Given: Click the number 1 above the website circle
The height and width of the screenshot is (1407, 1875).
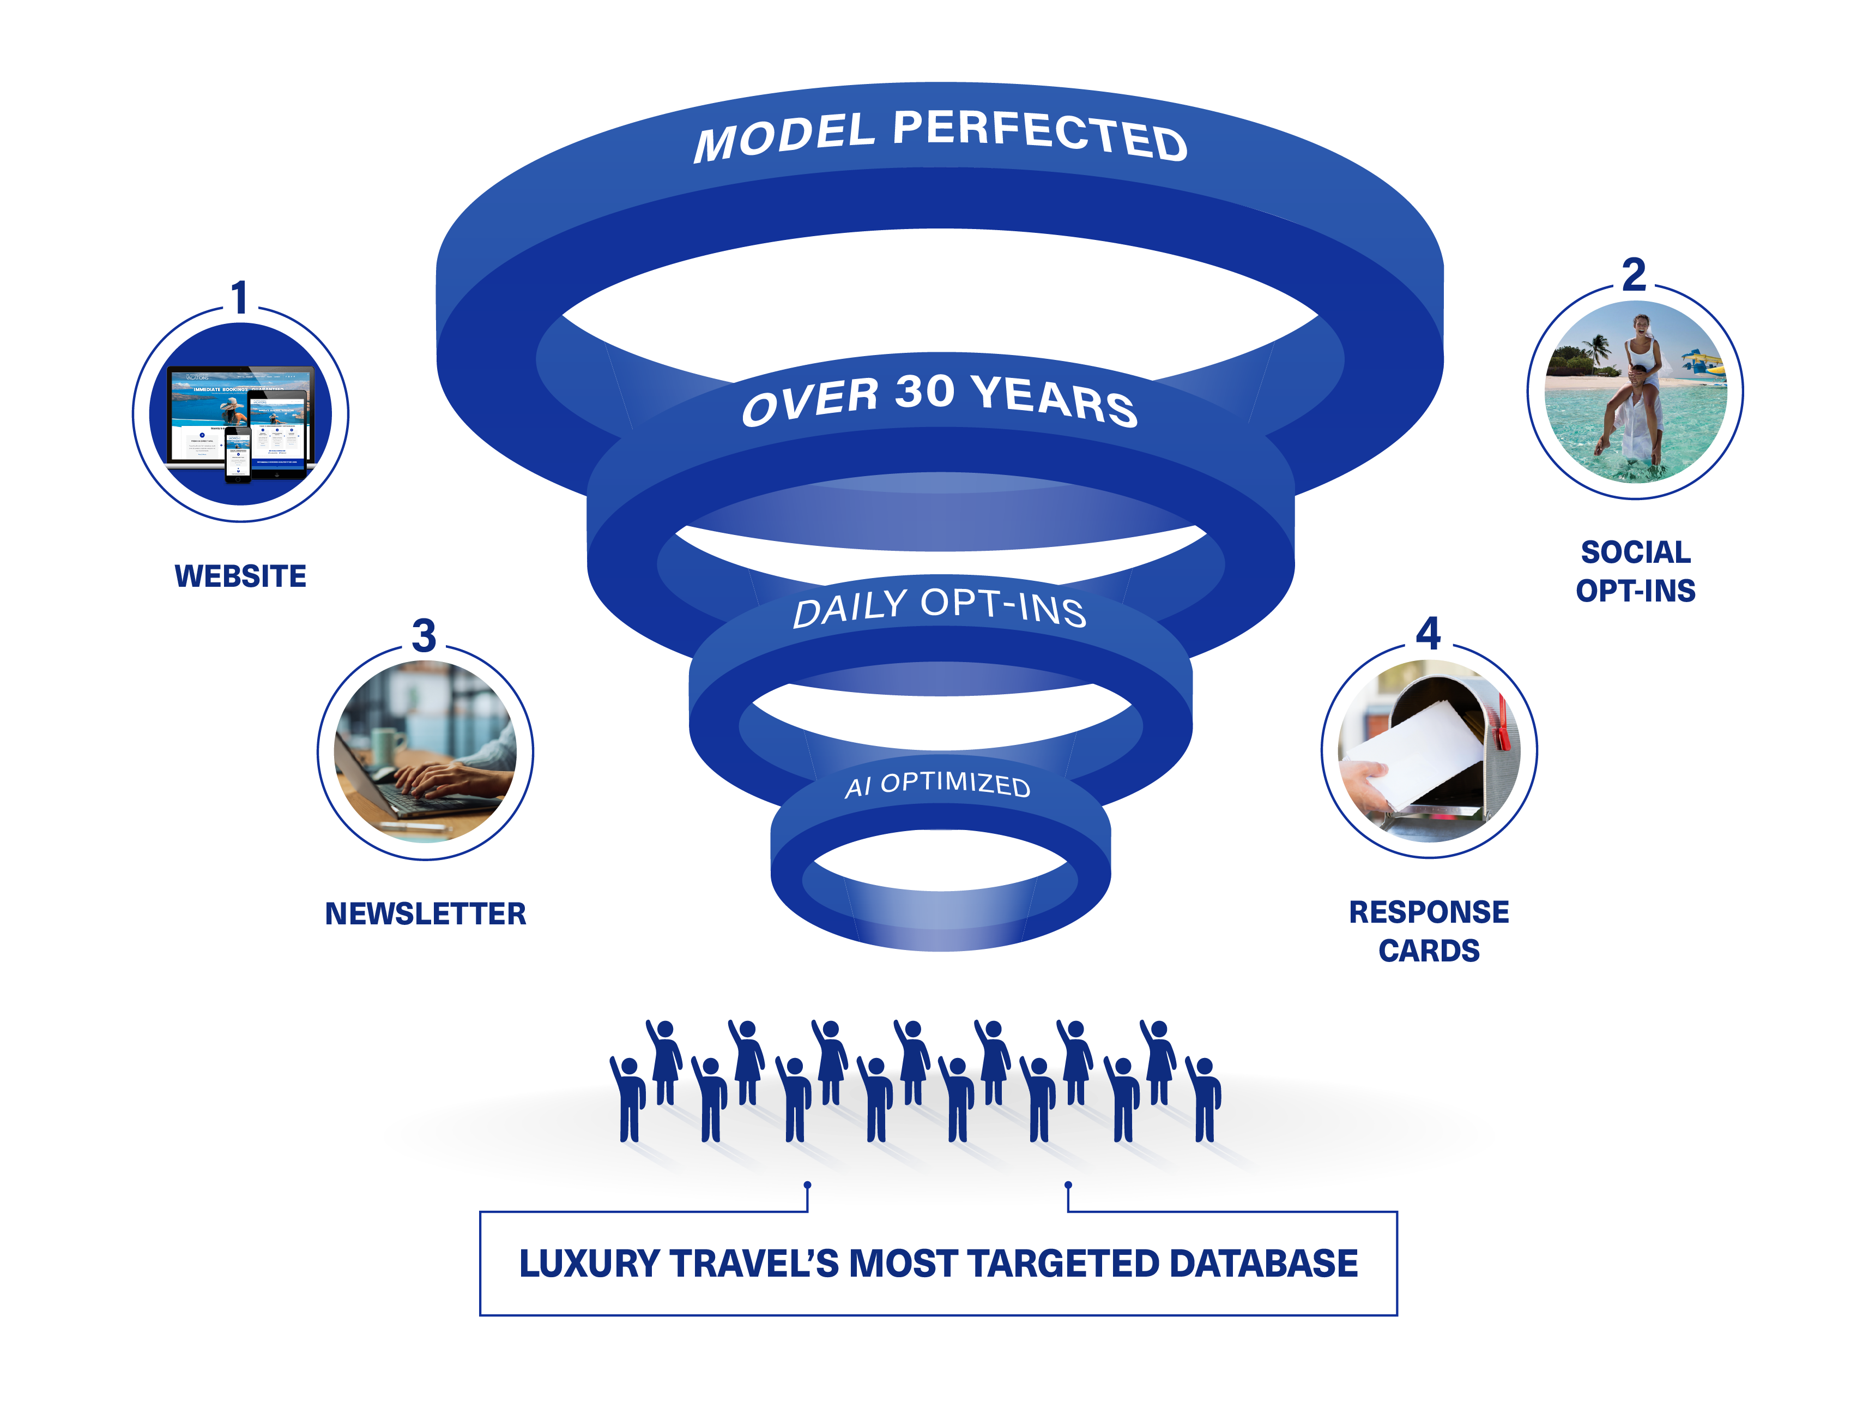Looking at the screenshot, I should point(240,298).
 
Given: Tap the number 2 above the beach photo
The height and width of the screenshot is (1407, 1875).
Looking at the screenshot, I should point(1634,275).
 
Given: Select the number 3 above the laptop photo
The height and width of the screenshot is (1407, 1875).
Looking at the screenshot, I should point(424,635).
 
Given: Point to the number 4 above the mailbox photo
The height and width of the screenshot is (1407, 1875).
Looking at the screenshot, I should point(1428,633).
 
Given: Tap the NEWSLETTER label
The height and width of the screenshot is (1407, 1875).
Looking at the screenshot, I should point(426,913).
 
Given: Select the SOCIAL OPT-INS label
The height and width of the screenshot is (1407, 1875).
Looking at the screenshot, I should point(1635,571).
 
